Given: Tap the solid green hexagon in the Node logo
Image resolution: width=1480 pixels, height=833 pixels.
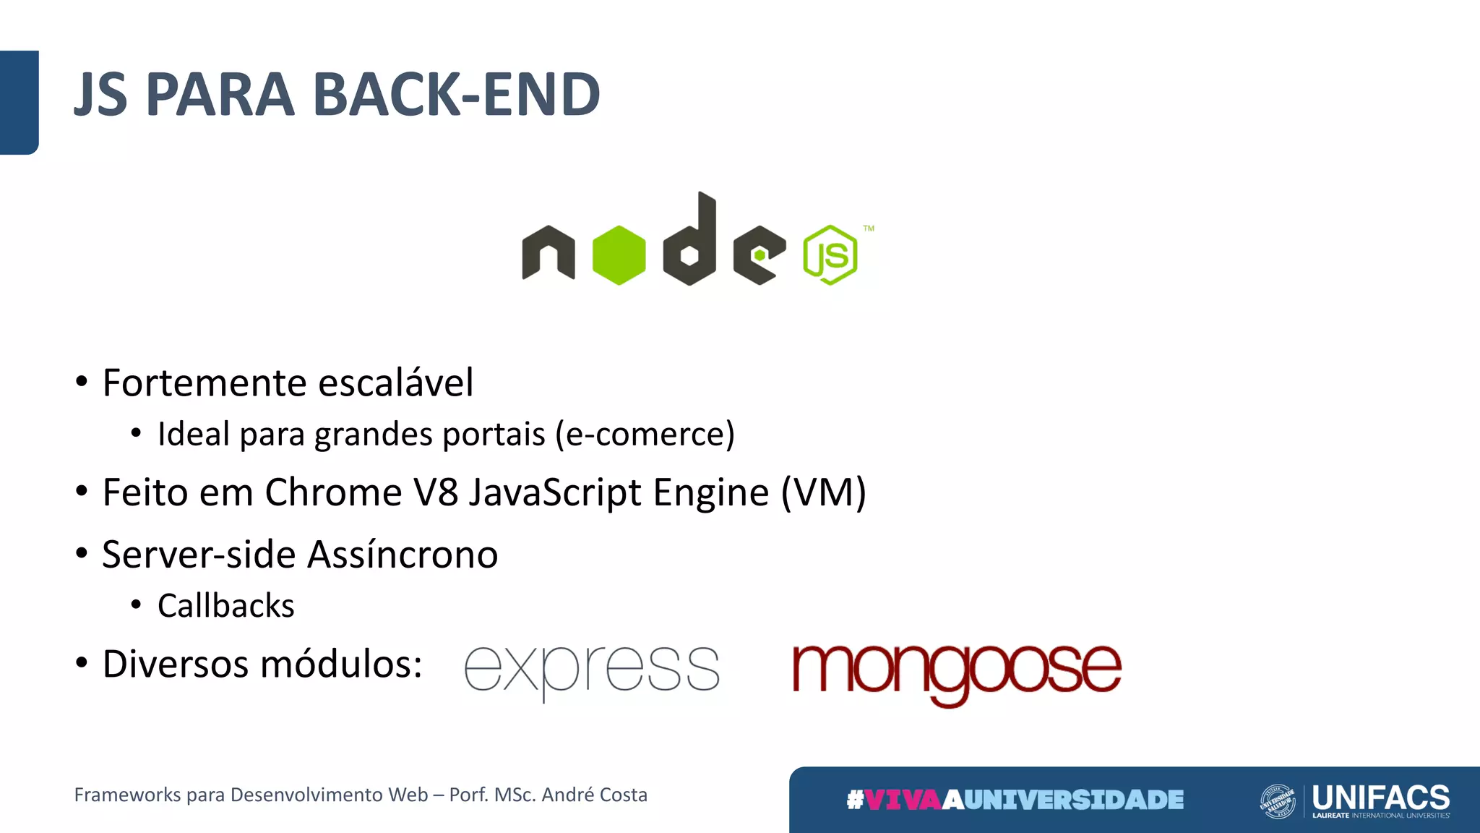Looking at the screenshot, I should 619,255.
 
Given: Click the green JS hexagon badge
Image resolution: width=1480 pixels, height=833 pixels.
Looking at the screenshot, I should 830,255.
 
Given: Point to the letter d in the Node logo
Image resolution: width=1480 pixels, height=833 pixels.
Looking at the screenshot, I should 690,242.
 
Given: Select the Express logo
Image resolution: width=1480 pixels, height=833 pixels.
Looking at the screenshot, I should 591,670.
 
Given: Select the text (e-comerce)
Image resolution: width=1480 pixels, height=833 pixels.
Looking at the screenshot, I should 645,434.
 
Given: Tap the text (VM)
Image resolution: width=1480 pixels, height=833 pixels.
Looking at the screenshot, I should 823,492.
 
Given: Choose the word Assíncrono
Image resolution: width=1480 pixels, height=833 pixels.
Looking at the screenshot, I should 403,555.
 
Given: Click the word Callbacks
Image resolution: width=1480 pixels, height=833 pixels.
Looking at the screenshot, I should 225,606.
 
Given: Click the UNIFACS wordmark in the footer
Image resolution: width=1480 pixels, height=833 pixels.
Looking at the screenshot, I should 1380,797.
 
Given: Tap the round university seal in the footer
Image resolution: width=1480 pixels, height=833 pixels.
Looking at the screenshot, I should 1277,801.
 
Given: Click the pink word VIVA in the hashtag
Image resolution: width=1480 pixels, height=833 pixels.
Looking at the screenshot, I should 903,800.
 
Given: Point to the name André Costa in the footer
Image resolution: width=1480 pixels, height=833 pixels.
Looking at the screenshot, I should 594,795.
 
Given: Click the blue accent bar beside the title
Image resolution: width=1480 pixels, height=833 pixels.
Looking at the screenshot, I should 19,102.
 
